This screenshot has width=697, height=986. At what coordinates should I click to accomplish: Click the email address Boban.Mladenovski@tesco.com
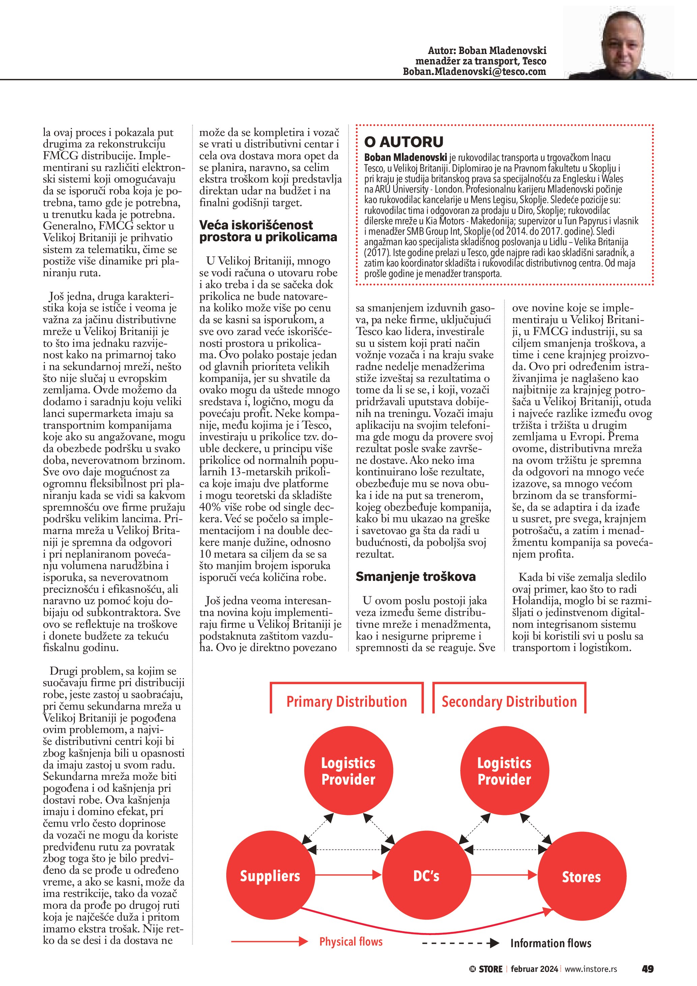coord(474,72)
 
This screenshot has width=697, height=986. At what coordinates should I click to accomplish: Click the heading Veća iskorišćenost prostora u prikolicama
coord(268,231)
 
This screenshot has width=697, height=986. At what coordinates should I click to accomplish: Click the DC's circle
coord(426,876)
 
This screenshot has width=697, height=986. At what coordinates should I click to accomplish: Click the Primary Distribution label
coord(346,702)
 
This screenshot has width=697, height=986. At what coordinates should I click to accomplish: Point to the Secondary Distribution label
coord(509,702)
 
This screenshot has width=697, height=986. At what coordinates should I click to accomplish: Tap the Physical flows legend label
coord(351,942)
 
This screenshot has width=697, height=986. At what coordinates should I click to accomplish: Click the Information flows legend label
coord(551,943)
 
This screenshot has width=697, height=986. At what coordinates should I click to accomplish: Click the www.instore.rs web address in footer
coord(590,969)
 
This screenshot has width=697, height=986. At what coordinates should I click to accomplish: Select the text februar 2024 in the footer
coord(534,969)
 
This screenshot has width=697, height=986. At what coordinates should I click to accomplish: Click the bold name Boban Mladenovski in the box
coord(406,158)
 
